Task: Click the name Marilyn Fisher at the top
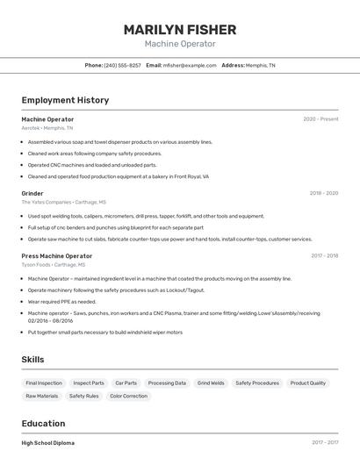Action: pyautogui.click(x=180, y=29)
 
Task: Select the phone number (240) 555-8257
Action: pyautogui.click(x=122, y=65)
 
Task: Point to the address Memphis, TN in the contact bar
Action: pyautogui.click(x=260, y=65)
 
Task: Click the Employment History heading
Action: pyautogui.click(x=65, y=100)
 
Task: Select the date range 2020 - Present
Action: pyautogui.click(x=320, y=119)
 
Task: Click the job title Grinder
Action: pyautogui.click(x=32, y=193)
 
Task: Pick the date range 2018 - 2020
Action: pyautogui.click(x=323, y=193)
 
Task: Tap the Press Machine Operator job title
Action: pyautogui.click(x=56, y=256)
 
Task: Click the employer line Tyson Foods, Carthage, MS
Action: pyautogui.click(x=53, y=264)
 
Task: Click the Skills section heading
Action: pyautogui.click(x=32, y=360)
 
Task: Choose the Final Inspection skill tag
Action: pyautogui.click(x=44, y=383)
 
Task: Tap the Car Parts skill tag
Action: pyautogui.click(x=126, y=383)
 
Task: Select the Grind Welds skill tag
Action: pyautogui.click(x=211, y=383)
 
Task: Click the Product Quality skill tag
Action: pyautogui.click(x=307, y=383)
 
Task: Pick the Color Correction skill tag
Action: pyautogui.click(x=128, y=396)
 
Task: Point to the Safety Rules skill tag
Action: pyautogui.click(x=84, y=396)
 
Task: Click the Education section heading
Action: pyautogui.click(x=43, y=423)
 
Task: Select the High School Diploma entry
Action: pyautogui.click(x=47, y=443)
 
